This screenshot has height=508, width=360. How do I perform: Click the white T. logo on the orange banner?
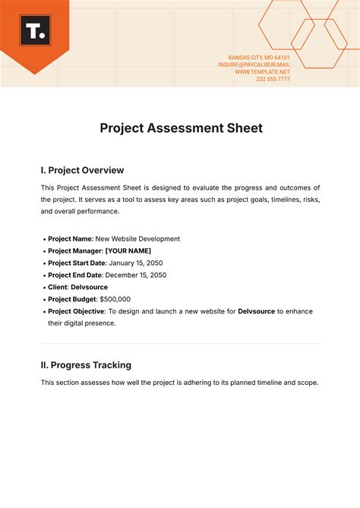tap(34, 32)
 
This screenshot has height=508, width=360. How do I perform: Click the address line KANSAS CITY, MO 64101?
tap(259, 57)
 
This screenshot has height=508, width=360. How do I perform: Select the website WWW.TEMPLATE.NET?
tap(262, 71)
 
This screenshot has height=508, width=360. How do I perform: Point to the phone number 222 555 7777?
tap(273, 79)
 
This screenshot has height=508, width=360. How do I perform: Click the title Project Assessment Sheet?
tap(181, 128)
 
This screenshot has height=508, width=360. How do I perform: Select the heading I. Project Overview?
tap(82, 170)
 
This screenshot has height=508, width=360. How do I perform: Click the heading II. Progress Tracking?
tap(86, 364)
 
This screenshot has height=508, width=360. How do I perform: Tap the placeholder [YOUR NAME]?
tap(128, 251)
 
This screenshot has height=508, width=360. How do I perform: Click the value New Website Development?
tap(143, 238)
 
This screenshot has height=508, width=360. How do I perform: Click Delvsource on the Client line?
tap(89, 287)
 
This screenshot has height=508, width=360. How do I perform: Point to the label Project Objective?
tap(74, 311)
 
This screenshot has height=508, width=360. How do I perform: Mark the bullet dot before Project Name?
tap(43, 239)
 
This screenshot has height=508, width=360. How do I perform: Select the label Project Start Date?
tap(74, 263)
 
